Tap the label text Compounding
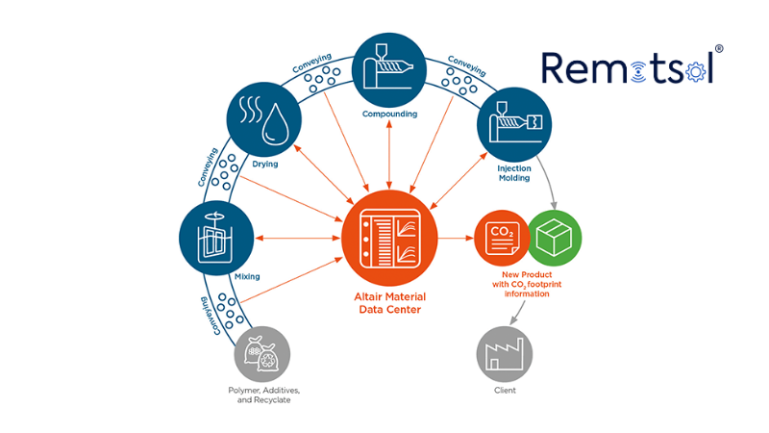click(x=389, y=115)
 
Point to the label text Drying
click(x=264, y=165)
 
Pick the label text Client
click(x=505, y=391)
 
